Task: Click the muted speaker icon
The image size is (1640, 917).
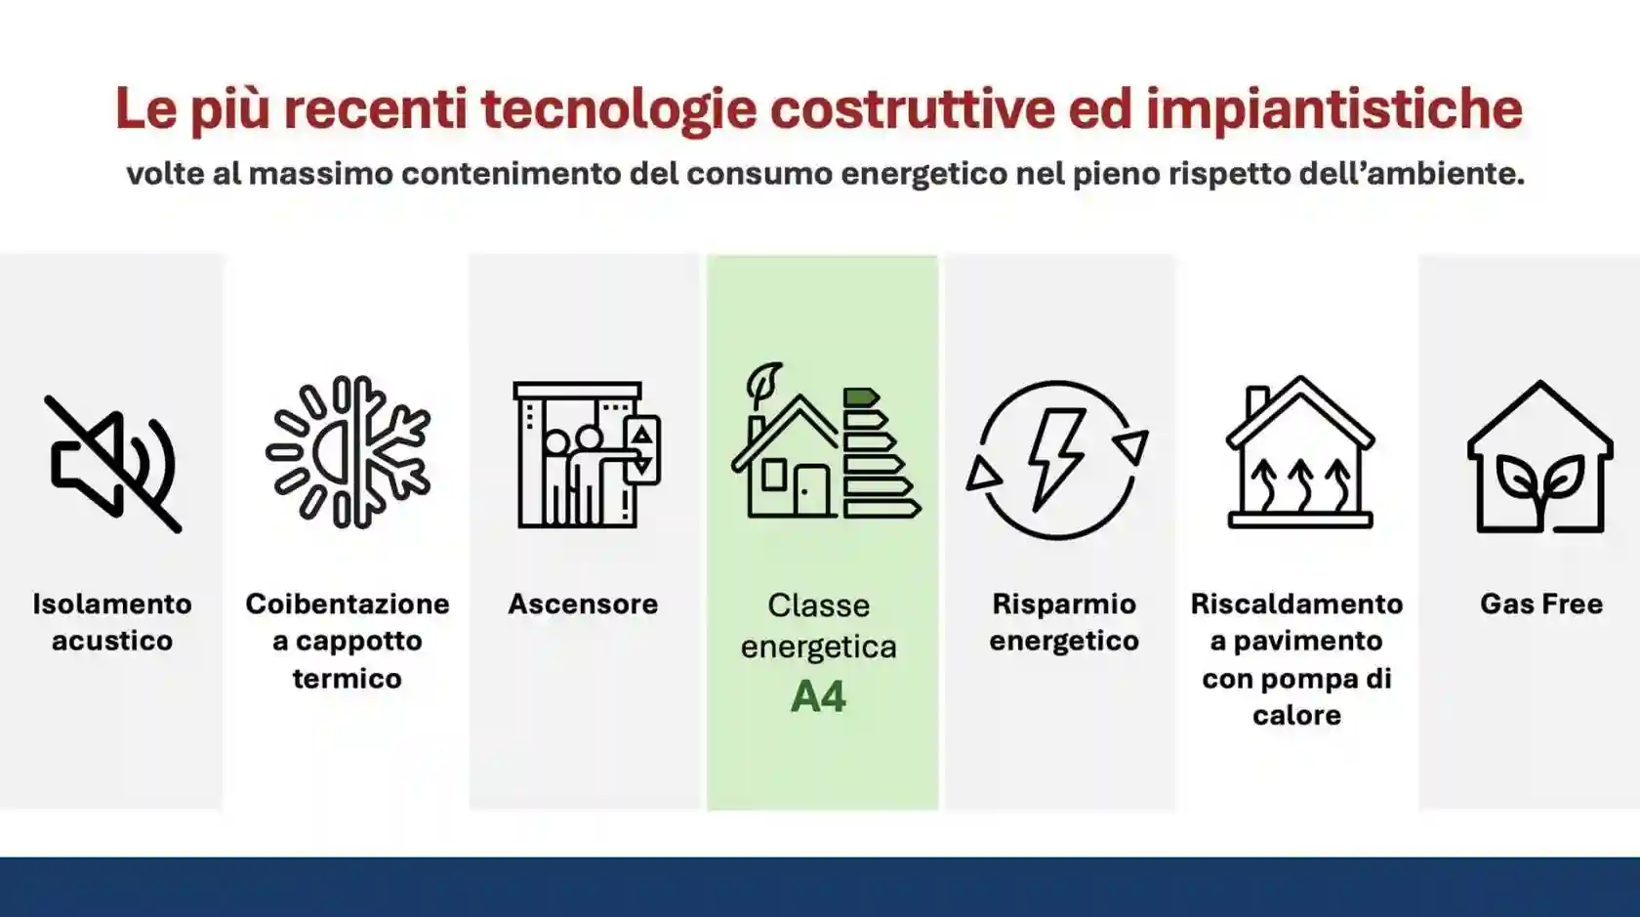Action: [112, 463]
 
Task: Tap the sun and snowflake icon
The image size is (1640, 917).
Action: [348, 452]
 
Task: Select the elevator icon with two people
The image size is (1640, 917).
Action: [586, 455]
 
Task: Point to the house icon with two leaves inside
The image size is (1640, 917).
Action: [1539, 458]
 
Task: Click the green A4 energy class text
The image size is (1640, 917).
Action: [818, 697]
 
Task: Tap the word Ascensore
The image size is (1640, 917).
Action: [583, 604]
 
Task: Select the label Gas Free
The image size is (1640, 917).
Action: [1540, 604]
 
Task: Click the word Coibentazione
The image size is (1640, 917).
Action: [348, 604]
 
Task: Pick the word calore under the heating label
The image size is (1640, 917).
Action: [1296, 716]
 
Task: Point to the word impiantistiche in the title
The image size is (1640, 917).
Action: [1333, 108]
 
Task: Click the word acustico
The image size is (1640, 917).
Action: [112, 642]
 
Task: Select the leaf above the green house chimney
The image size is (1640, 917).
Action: [763, 382]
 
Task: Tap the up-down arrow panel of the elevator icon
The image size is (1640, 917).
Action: [642, 451]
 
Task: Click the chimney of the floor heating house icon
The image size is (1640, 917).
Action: [1257, 401]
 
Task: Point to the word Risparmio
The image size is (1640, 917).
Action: [1064, 604]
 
